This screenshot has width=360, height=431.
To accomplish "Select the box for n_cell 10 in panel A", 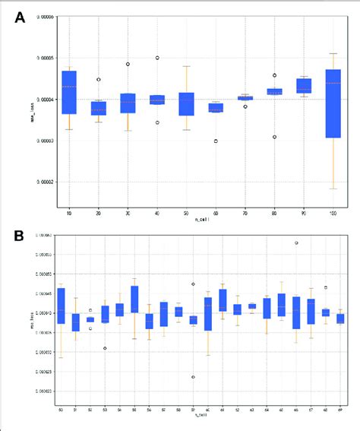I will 69,92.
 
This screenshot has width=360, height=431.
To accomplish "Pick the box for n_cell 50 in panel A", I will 186,103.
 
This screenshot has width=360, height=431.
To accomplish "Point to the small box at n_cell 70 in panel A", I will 245,98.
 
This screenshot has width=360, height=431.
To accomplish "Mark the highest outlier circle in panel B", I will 296,243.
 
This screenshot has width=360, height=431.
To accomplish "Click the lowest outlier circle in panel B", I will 193,377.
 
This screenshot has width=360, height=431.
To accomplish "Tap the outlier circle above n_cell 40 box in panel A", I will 157,58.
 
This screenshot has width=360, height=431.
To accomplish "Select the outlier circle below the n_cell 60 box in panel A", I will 216,141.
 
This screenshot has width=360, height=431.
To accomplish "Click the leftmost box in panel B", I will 62,306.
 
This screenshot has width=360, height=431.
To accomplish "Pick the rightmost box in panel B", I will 340,318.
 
